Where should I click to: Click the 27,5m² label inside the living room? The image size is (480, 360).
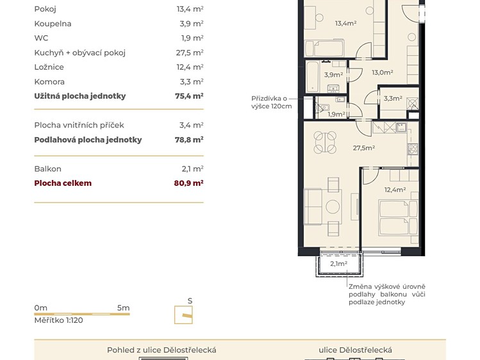pos(363,148)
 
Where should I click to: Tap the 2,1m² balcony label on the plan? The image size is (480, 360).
pos(338,264)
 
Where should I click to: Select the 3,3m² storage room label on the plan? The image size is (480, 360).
pos(393,99)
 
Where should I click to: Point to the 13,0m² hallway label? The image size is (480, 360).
pos(383,72)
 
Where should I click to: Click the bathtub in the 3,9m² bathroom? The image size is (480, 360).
pos(312,76)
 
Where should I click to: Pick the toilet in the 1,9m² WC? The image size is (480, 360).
pos(322,108)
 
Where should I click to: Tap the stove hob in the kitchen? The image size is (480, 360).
pos(413,149)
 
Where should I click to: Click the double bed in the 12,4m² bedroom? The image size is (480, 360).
pos(398,217)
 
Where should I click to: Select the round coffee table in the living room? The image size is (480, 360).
pos(333,207)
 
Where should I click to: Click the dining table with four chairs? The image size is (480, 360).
pos(325,142)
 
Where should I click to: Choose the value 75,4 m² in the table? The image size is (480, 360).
pos(189,96)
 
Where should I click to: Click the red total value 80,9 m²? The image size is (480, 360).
pos(188,183)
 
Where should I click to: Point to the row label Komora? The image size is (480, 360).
pos(49,82)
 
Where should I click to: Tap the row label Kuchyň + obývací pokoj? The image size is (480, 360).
pos(80,53)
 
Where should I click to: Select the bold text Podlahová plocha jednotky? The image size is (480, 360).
pos(88,140)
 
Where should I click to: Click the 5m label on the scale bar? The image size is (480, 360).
pos(124,308)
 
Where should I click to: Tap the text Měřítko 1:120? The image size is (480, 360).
pos(58,320)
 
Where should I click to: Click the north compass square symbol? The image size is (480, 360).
pos(183,315)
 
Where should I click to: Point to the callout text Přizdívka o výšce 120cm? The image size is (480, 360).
pos(271,102)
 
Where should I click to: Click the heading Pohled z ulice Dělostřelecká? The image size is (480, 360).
pos(161,350)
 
